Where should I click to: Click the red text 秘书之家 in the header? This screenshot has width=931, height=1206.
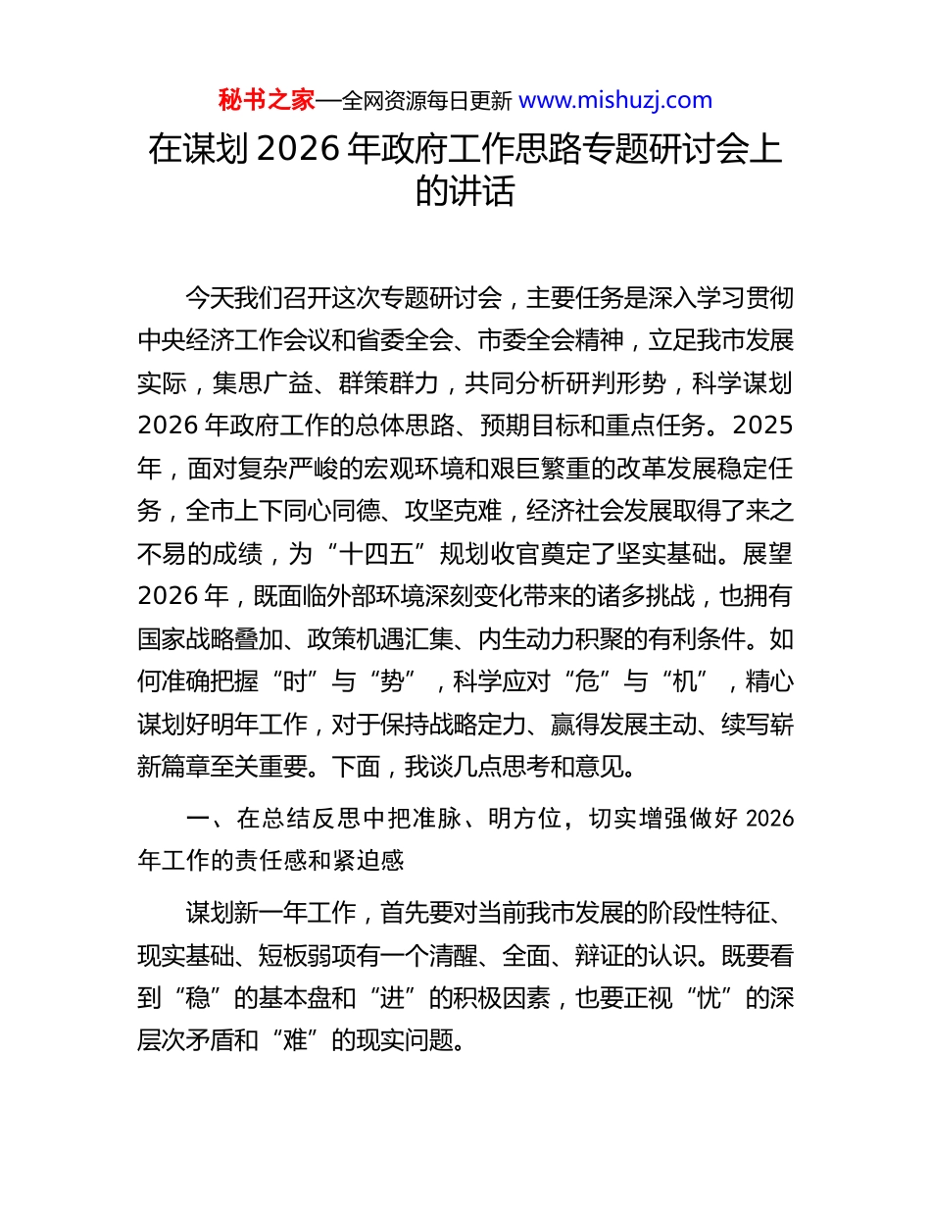[267, 100]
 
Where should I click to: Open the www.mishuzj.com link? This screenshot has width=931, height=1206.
[614, 100]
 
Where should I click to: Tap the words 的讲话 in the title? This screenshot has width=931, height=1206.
[465, 191]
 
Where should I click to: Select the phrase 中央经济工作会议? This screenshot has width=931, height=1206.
[238, 340]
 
